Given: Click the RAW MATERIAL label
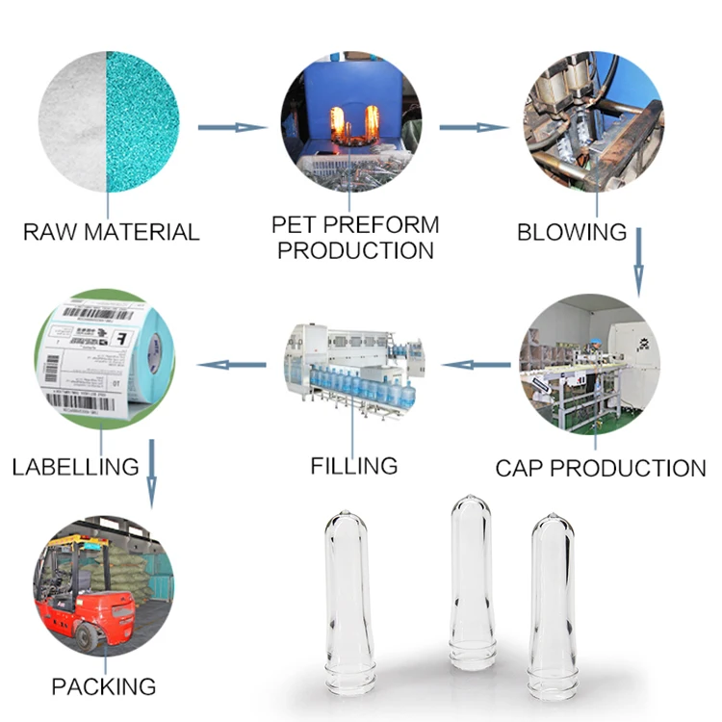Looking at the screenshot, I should (111, 232).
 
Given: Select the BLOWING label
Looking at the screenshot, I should (572, 232).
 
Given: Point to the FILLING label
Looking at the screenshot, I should (354, 466).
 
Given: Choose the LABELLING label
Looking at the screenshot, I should (76, 468).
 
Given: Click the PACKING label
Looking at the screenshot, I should (103, 686).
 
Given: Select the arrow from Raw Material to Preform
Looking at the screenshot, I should (231, 127).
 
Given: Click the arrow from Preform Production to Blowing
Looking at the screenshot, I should (473, 127).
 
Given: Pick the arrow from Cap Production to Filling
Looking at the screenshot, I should (476, 365).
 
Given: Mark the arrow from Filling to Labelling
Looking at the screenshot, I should (231, 365).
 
